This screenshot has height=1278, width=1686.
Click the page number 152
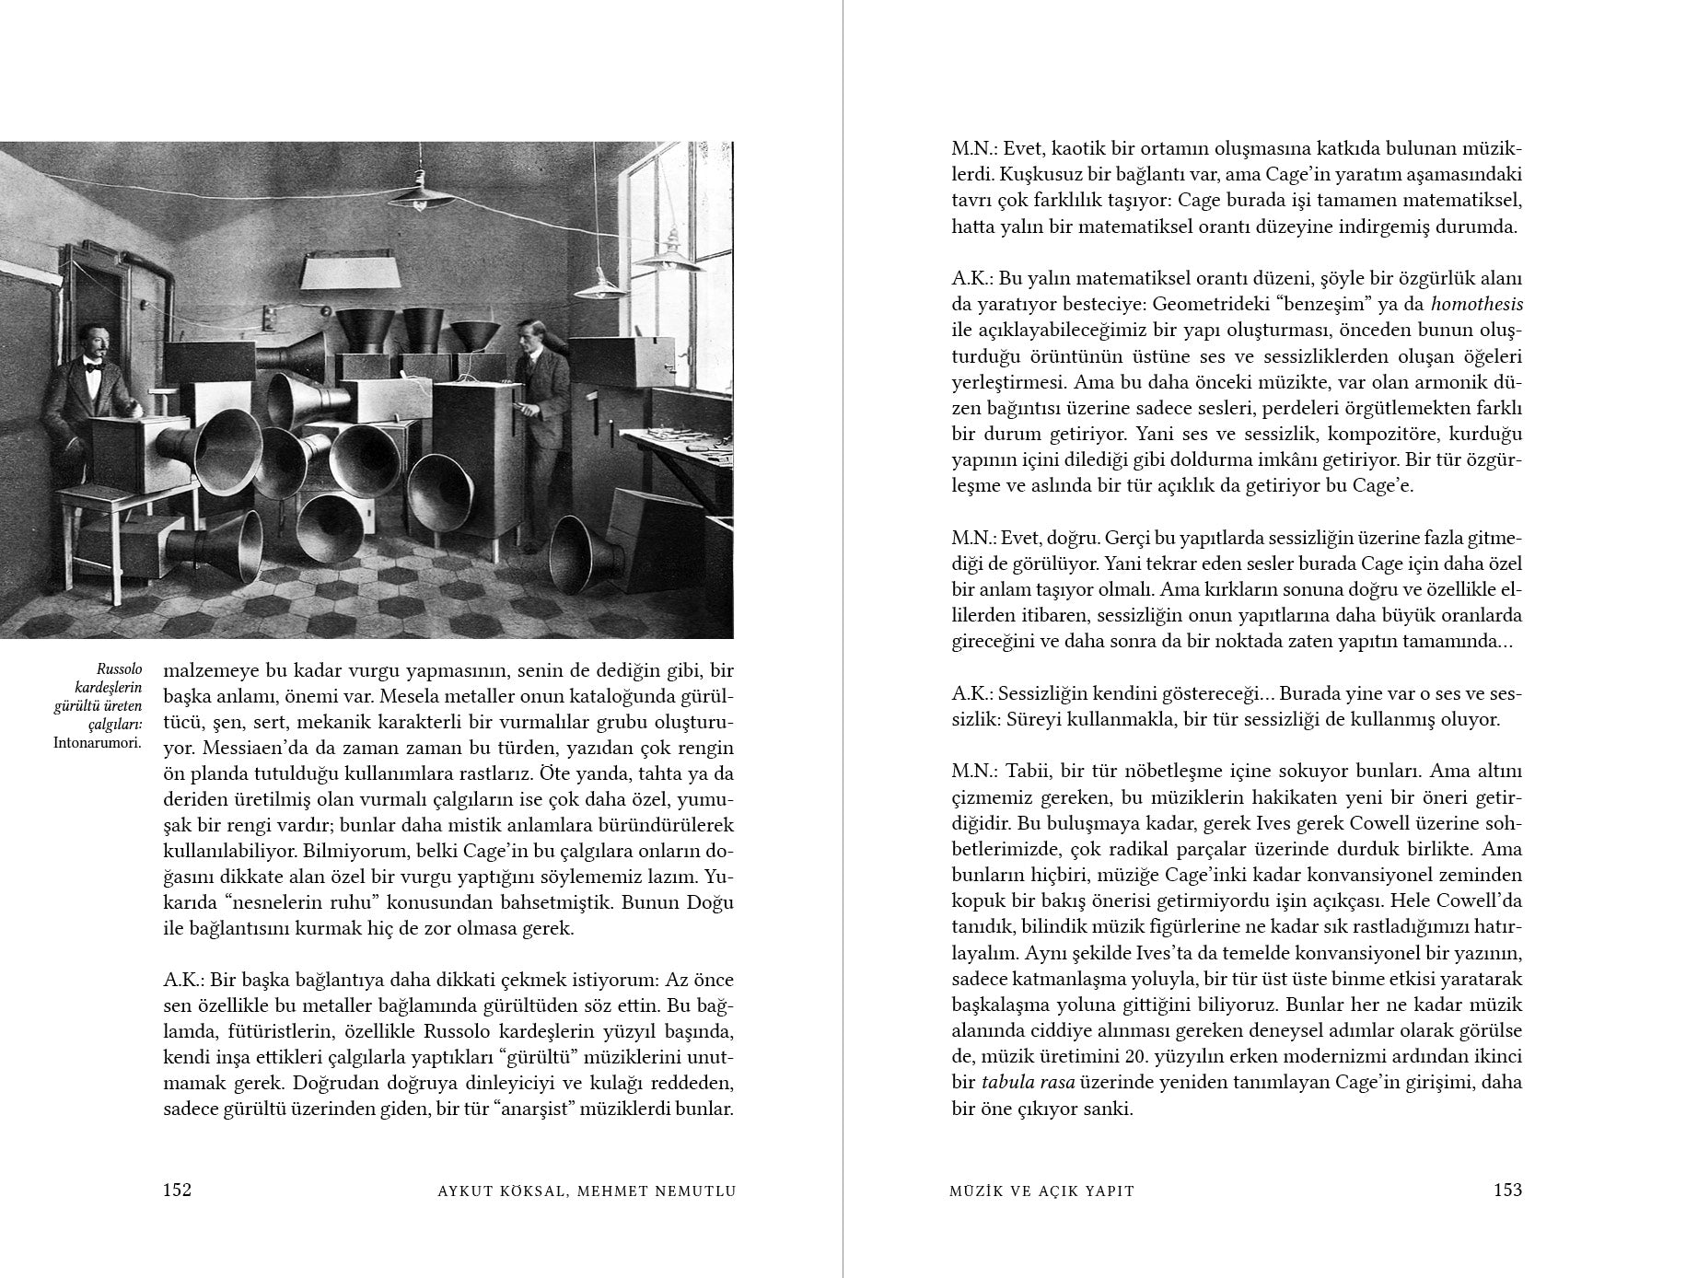pyautogui.click(x=177, y=1190)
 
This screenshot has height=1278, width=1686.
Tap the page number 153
pyautogui.click(x=1507, y=1190)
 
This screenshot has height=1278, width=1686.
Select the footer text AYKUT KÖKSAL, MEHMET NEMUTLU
pyautogui.click(x=587, y=1191)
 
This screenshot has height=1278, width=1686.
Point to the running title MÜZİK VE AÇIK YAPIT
pyautogui.click(x=1042, y=1191)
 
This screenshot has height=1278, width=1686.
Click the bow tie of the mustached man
pyautogui.click(x=92, y=366)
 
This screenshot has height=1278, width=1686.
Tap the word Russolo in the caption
pyautogui.click(x=120, y=669)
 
